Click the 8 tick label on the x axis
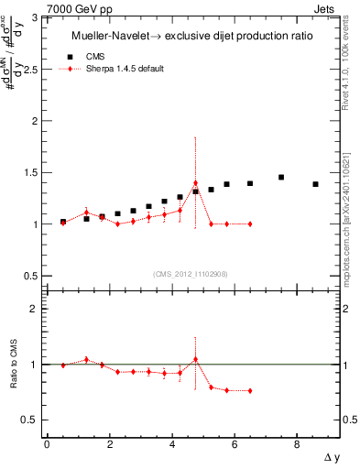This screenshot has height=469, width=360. tap(296, 444)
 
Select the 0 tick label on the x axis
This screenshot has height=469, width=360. tap(47, 444)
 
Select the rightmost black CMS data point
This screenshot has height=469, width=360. tap(315, 184)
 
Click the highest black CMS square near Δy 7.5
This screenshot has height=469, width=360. tap(281, 177)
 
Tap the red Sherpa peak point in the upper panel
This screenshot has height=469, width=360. tap(195, 183)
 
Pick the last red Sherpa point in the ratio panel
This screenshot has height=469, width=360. tap(250, 391)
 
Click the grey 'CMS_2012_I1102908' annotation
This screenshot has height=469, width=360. tap(190, 274)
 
